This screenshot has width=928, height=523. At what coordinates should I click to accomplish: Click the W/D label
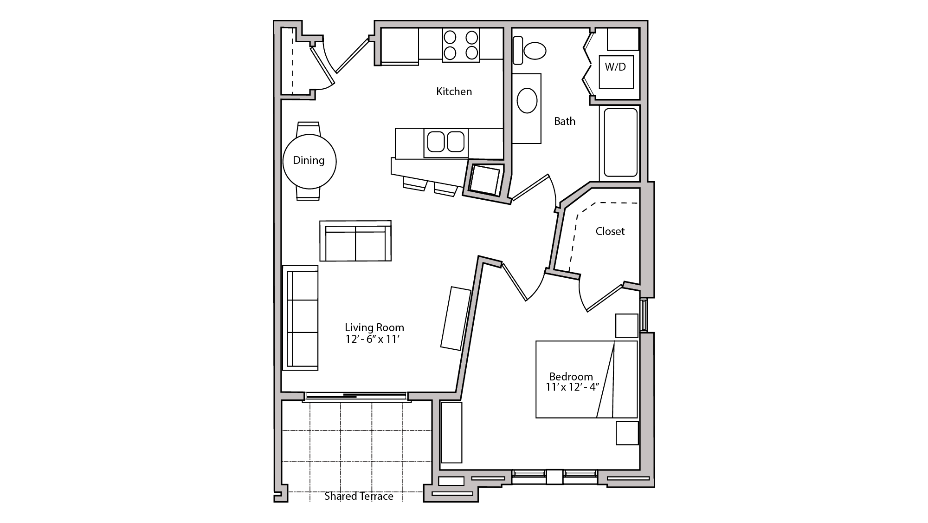pos(615,67)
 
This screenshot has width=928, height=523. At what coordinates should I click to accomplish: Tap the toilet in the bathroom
pos(534,51)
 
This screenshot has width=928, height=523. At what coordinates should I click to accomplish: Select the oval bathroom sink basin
pos(527,100)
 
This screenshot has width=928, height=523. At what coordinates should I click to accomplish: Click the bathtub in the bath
pos(620,143)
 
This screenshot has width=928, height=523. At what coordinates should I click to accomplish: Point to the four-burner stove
pos(461,45)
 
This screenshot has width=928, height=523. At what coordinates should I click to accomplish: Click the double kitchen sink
pos(445,142)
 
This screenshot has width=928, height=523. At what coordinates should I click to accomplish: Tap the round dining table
pos(309,161)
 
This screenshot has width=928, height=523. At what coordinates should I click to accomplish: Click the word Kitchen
pos(454,92)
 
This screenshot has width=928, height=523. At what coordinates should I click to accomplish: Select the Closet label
pos(610,231)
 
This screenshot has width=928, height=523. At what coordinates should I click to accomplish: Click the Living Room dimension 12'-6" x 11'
pos(373,340)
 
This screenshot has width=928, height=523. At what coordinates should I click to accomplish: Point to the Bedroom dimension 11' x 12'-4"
pos(573,387)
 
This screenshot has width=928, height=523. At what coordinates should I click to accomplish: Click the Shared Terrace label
pos(359,497)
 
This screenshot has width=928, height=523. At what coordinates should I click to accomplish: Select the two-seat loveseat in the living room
pos(355,241)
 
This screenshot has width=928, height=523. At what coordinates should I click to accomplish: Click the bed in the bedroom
pos(586,379)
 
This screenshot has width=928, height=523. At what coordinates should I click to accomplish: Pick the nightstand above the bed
pos(626,325)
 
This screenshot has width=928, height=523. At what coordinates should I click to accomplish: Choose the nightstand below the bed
pos(627,432)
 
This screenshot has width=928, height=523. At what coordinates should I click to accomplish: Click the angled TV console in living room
pos(456,318)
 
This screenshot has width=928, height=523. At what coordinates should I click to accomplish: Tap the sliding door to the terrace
pos(356,396)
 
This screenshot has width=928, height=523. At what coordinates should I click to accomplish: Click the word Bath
pos(565,121)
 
